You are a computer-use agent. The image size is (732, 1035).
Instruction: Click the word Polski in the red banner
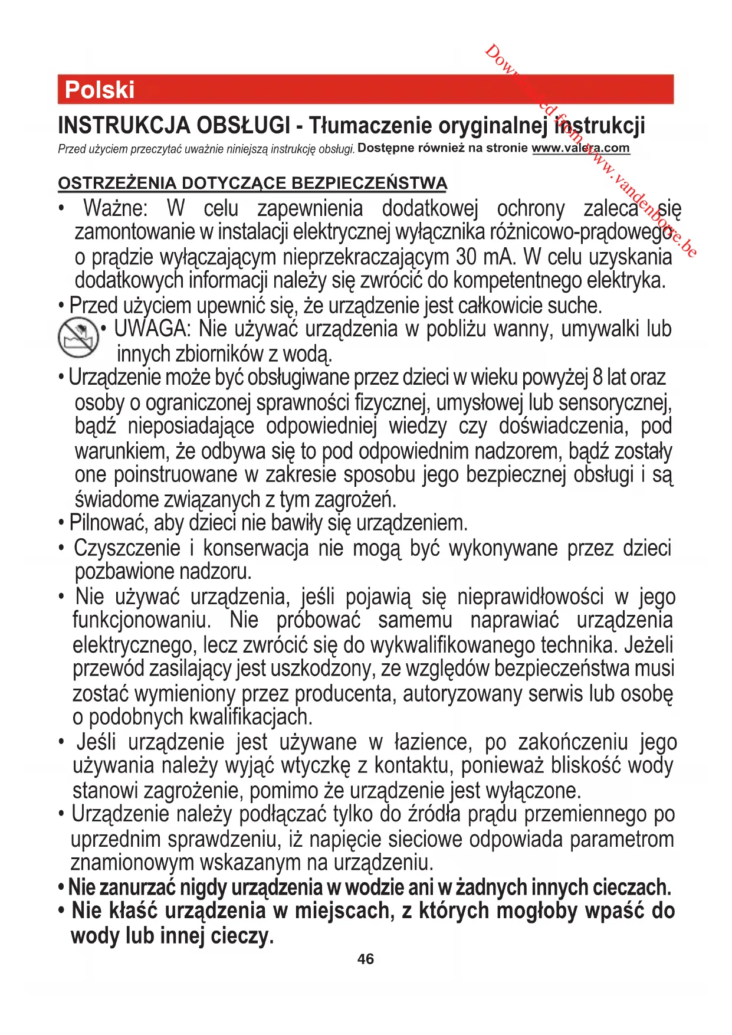click(x=100, y=90)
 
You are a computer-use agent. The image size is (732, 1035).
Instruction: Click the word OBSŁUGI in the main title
click(x=242, y=125)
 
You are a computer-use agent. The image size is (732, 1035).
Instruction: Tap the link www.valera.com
click(x=580, y=148)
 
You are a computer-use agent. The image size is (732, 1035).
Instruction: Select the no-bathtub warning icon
click(x=78, y=338)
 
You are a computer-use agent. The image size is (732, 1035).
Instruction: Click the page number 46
click(x=366, y=959)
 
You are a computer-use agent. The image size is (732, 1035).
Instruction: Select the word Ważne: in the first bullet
click(x=116, y=208)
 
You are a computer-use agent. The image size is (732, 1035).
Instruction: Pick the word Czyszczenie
click(x=127, y=548)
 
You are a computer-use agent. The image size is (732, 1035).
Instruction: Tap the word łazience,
click(x=433, y=742)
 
